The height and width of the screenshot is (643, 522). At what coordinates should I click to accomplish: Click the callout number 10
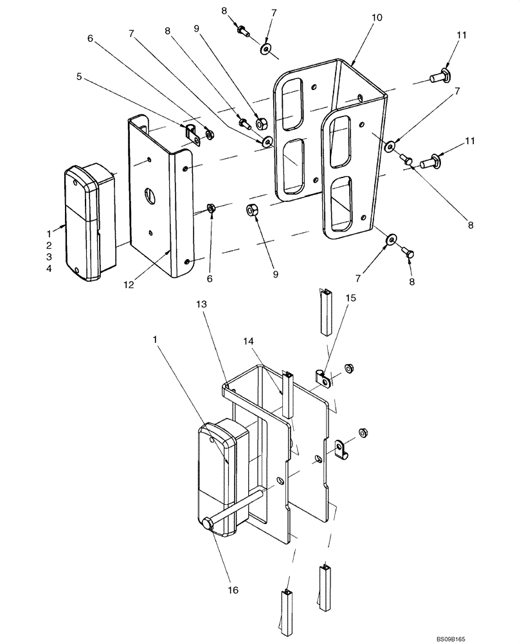[376, 18]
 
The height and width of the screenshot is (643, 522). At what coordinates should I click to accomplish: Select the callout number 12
[129, 284]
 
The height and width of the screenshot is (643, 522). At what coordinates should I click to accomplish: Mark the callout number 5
[79, 77]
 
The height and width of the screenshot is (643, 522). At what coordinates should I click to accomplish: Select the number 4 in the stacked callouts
[49, 269]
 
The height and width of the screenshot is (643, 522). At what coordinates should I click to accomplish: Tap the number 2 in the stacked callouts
[49, 246]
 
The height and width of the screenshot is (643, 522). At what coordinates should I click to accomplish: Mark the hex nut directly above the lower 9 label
[253, 210]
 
